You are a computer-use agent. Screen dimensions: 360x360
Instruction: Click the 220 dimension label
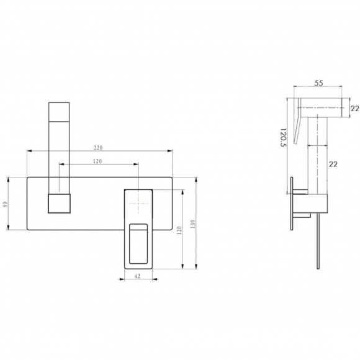(x=98, y=148)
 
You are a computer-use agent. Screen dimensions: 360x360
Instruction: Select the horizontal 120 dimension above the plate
(x=97, y=161)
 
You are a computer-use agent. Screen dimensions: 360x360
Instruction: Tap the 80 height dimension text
(x=6, y=204)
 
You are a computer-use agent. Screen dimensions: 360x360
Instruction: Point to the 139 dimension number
(x=193, y=224)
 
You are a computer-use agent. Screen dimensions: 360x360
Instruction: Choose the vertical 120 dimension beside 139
(x=179, y=230)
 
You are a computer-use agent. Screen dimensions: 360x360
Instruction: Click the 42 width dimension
(x=137, y=276)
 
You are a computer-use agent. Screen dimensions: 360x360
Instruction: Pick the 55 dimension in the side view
(x=318, y=83)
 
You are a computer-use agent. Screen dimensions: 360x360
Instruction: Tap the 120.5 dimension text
(x=284, y=138)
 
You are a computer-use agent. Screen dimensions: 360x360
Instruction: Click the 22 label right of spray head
(x=355, y=109)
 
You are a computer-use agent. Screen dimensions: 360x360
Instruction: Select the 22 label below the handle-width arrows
(x=333, y=164)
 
